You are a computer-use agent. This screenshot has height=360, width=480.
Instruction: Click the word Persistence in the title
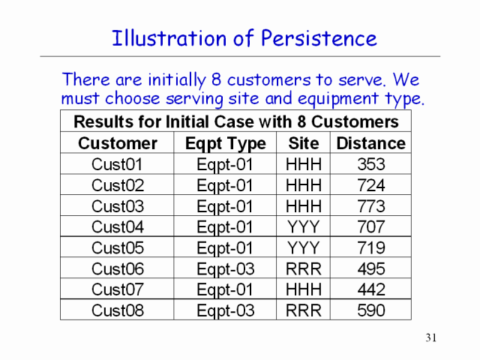pyautogui.click(x=319, y=38)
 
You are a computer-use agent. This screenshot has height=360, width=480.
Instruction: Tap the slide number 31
pyautogui.click(x=430, y=337)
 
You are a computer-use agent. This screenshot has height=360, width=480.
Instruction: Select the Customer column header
pyautogui.click(x=118, y=143)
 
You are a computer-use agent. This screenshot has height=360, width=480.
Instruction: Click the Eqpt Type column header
pyautogui.click(x=226, y=144)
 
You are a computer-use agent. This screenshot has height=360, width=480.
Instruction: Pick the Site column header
pyautogui.click(x=303, y=143)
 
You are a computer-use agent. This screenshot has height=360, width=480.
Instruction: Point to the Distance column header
pyautogui.click(x=371, y=143)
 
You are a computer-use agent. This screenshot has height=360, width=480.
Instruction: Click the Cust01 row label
pyautogui.click(x=117, y=164)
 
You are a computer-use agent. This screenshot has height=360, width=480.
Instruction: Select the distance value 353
pyautogui.click(x=371, y=164)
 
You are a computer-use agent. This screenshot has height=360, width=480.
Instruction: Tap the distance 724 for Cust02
pyautogui.click(x=371, y=185)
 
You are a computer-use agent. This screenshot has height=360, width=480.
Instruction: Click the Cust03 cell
pyautogui.click(x=118, y=206)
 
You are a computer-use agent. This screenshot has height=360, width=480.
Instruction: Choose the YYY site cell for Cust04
pyautogui.click(x=303, y=226)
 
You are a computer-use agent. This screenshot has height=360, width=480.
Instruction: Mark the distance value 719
pyautogui.click(x=371, y=247)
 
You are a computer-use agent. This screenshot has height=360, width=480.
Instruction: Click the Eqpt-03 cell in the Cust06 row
pyautogui.click(x=226, y=269)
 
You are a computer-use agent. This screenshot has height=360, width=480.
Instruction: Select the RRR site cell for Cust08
pyautogui.click(x=303, y=310)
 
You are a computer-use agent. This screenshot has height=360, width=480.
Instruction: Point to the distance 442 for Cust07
pyautogui.click(x=371, y=289)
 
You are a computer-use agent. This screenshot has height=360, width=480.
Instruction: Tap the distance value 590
pyautogui.click(x=371, y=310)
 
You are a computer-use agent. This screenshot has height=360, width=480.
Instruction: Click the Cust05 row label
pyautogui.click(x=118, y=247)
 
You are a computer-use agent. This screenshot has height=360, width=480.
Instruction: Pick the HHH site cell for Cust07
pyautogui.click(x=303, y=289)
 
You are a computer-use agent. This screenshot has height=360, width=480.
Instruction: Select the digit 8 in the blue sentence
pyautogui.click(x=216, y=79)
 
